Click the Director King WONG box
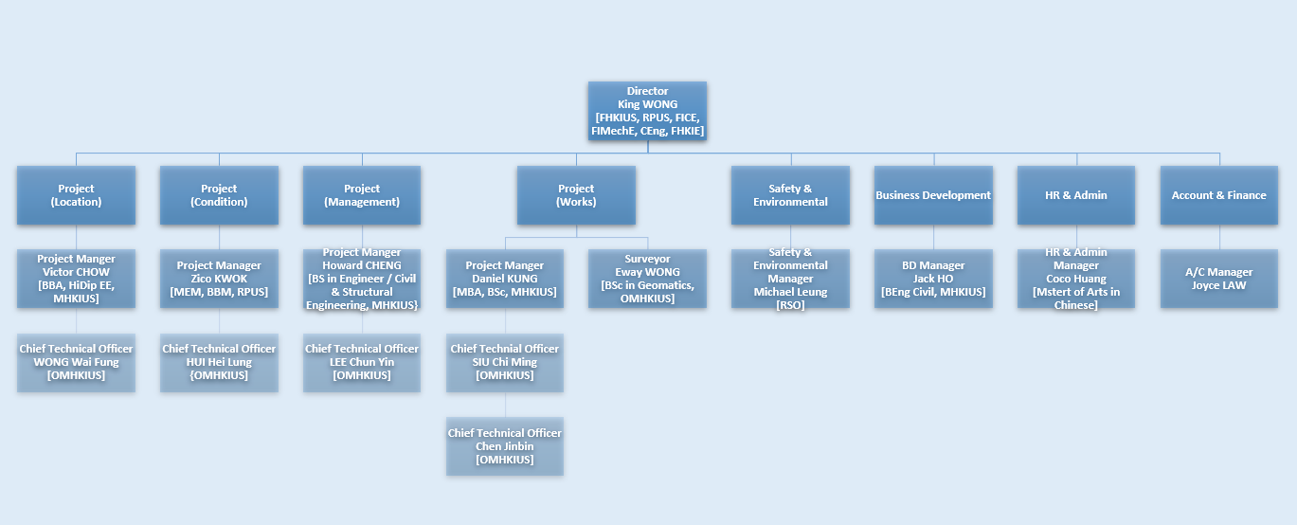click(x=647, y=111)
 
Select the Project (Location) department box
click(x=76, y=195)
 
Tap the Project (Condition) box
click(x=219, y=195)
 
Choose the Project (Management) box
click(x=362, y=195)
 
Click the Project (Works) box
click(x=576, y=195)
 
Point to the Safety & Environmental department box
click(x=790, y=195)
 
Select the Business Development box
click(x=933, y=195)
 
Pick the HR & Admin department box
click(x=1076, y=195)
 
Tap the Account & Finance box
click(x=1219, y=195)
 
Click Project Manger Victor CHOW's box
click(x=76, y=279)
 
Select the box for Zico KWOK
click(x=219, y=279)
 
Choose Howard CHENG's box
click(x=362, y=279)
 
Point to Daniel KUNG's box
click(x=505, y=279)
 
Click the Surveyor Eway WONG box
click(x=647, y=279)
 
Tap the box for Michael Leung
click(x=790, y=279)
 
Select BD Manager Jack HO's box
click(x=933, y=279)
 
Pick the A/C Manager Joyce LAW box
click(x=1219, y=279)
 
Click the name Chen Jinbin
click(x=505, y=446)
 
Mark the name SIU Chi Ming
click(x=505, y=362)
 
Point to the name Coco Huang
click(x=1076, y=279)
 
